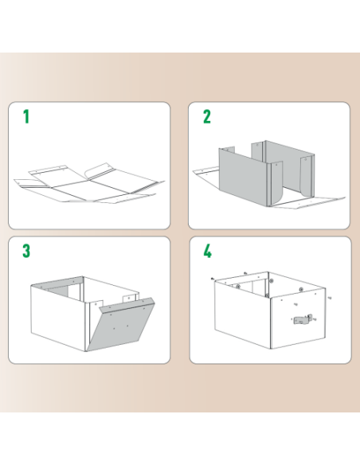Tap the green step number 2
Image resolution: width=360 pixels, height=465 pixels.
(207, 118)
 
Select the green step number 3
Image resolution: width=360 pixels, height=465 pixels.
(26, 252)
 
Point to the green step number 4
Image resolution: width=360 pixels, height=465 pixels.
(208, 252)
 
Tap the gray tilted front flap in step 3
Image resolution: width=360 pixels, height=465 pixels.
(119, 326)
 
